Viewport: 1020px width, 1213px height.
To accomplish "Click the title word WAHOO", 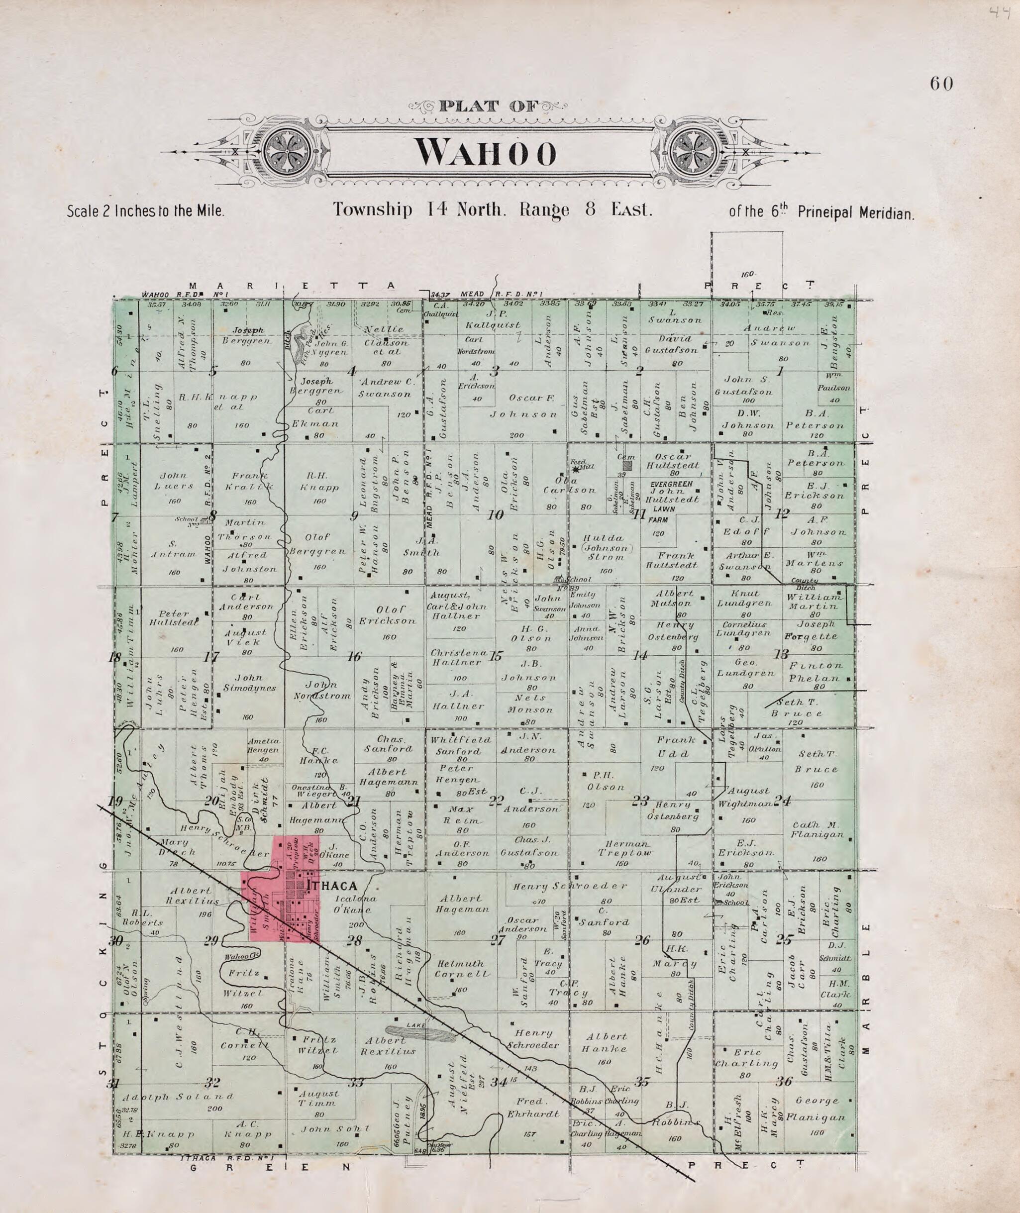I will (x=486, y=152).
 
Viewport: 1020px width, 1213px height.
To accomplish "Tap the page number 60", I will (x=941, y=85).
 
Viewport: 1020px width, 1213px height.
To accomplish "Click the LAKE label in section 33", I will (x=416, y=1025).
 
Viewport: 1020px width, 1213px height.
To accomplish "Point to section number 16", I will (x=354, y=656).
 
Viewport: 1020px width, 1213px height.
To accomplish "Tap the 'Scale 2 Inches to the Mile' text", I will (x=145, y=211).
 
